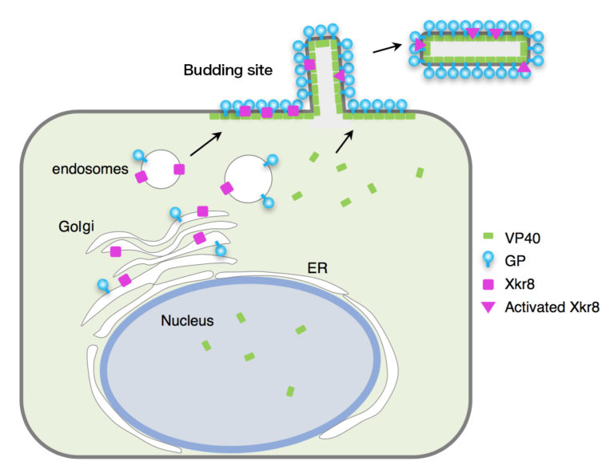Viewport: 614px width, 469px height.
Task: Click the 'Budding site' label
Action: coord(228,70)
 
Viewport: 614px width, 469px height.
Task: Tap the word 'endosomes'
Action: coord(86,169)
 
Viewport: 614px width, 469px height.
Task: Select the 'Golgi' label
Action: coord(77,226)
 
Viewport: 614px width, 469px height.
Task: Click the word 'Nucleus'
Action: coord(186,321)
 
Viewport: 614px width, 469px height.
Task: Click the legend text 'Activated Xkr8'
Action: coord(551,306)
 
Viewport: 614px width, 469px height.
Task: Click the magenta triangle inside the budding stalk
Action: coord(338,76)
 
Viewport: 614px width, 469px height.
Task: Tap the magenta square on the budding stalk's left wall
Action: coord(310,64)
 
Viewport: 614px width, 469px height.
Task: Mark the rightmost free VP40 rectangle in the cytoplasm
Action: coord(419,172)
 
